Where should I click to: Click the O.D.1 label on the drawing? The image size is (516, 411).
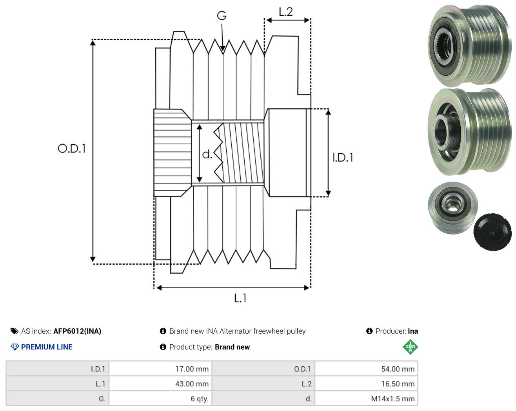(x=71, y=148)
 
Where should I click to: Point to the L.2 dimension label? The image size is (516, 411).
(x=286, y=12)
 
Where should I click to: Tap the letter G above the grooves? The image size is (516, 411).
(x=222, y=16)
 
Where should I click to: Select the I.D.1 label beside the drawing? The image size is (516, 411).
(x=343, y=158)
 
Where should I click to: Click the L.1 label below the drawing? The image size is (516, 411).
(x=240, y=298)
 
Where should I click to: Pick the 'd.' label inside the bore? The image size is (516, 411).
(x=207, y=154)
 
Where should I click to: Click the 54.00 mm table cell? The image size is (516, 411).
(x=398, y=369)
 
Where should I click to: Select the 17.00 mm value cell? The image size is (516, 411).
(x=192, y=369)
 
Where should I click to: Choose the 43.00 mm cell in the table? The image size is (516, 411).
(x=192, y=384)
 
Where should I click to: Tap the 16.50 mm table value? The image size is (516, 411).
(x=398, y=384)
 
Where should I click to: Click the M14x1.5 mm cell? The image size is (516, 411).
(x=392, y=398)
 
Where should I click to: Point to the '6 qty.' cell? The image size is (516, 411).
(x=200, y=398)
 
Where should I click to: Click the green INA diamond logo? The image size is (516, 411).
(x=410, y=347)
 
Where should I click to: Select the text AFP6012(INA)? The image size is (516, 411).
(x=77, y=331)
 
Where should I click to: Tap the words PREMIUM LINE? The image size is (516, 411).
(x=47, y=347)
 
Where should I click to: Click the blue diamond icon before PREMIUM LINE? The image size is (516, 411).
(x=15, y=347)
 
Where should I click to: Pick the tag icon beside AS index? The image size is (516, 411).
(x=15, y=331)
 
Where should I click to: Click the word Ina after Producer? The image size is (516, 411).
(x=413, y=331)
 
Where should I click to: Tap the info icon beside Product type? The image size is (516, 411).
(x=163, y=347)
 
